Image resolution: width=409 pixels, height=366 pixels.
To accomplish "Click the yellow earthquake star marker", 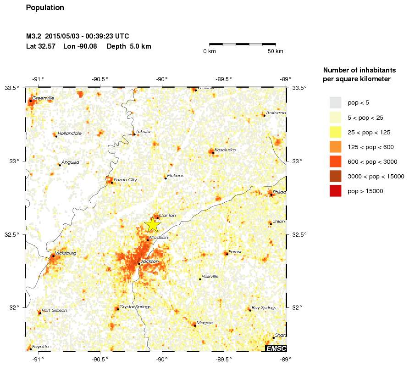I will [153, 224].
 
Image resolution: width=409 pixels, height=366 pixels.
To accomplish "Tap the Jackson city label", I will [149, 261].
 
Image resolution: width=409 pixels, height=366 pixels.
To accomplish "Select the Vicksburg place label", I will [66, 253].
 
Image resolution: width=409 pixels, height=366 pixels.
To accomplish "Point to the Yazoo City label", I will [125, 179].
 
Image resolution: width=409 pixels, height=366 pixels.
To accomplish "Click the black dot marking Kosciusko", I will [213, 153].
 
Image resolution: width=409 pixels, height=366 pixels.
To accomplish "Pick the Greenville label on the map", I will [43, 98].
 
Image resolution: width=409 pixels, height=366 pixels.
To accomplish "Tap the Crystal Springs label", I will [135, 306].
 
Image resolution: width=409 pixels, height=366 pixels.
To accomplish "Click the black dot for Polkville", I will [200, 279].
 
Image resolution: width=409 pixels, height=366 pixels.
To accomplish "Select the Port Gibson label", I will [54, 311].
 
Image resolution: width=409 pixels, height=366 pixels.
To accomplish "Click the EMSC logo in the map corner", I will [276, 349].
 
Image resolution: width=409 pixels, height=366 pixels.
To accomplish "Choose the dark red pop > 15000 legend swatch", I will [336, 191].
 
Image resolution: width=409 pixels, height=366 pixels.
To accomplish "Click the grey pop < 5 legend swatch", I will [336, 103].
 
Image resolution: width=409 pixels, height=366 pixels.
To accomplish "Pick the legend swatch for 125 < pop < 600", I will [336, 147].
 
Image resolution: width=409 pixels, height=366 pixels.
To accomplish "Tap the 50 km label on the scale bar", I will [276, 51].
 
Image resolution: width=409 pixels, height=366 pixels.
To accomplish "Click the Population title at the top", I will [45, 8].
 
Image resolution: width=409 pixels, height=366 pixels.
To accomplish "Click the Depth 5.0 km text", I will [129, 46].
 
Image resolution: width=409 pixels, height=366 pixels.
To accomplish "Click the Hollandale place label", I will [70, 133].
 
